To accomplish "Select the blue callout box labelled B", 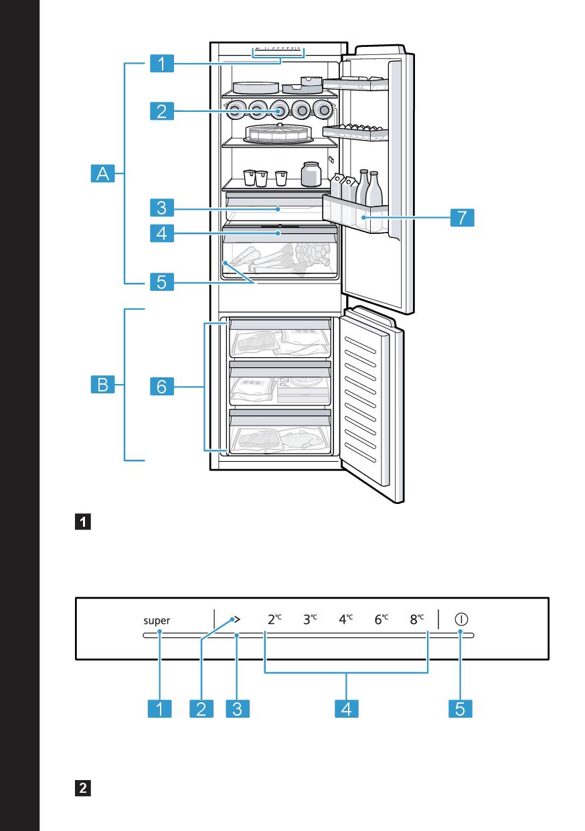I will [102, 385].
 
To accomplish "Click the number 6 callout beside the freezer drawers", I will [162, 386].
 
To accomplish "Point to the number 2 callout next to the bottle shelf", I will [162, 111].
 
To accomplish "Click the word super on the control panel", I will [157, 621].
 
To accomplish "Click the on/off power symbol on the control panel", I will [461, 619].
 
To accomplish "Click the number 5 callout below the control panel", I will [461, 708].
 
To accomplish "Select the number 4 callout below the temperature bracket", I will [346, 708].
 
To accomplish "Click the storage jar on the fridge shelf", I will [311, 174].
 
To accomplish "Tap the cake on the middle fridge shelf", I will [278, 132].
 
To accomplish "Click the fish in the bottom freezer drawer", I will [301, 440].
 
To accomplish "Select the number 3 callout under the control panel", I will [238, 708].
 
